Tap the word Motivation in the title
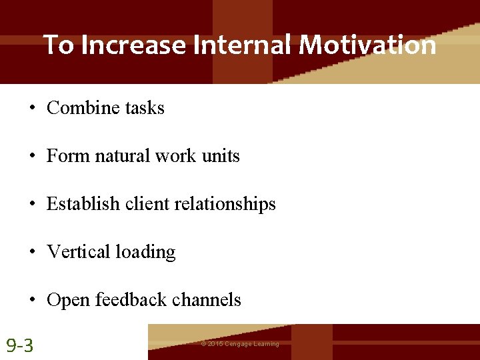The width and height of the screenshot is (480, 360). [x=367, y=45]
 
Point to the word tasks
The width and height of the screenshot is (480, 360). [x=144, y=108]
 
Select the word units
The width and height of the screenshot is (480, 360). [x=220, y=156]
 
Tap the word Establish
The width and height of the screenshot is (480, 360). [x=83, y=204]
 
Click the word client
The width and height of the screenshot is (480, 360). [x=147, y=204]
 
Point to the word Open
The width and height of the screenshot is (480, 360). [x=69, y=301]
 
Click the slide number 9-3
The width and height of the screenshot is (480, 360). [x=21, y=345]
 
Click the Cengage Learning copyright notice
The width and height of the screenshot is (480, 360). [x=240, y=344]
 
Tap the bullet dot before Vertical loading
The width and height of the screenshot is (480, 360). [x=32, y=253]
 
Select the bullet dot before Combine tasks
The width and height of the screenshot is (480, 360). [x=32, y=109]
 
